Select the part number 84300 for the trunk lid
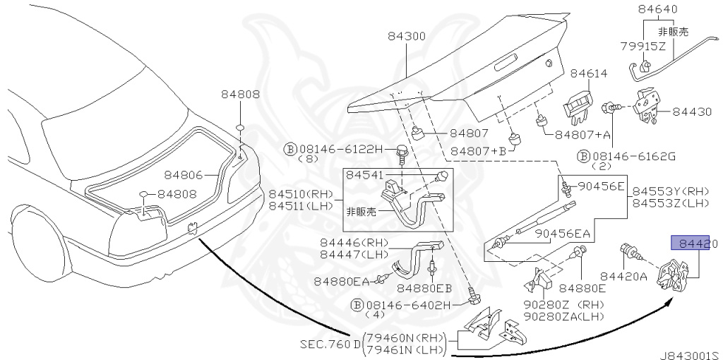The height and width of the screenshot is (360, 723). (406, 37)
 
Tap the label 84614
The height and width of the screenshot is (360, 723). (589, 73)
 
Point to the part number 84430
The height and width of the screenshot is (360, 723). (692, 112)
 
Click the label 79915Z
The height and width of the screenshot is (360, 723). (643, 45)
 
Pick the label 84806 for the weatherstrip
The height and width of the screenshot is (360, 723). (184, 175)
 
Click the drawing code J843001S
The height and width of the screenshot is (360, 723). (690, 355)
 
